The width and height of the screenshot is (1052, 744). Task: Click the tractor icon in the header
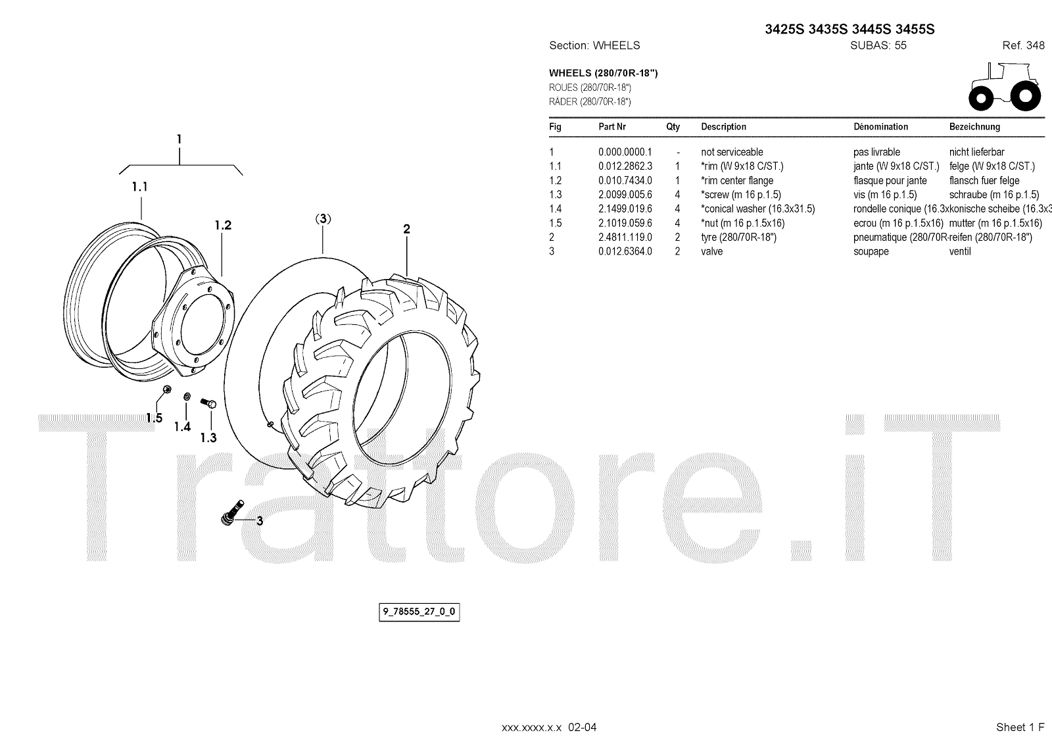pyautogui.click(x=1005, y=87)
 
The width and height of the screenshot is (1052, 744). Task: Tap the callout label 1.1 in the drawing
pyautogui.click(x=139, y=187)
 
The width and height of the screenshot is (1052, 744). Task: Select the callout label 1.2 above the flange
pyautogui.click(x=223, y=225)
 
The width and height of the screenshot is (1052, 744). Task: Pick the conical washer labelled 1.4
pyautogui.click(x=187, y=397)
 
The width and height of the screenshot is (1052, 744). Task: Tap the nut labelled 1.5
pyautogui.click(x=166, y=391)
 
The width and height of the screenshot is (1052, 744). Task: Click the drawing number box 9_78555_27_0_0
pyautogui.click(x=419, y=612)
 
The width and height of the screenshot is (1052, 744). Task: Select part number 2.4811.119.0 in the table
pyautogui.click(x=625, y=237)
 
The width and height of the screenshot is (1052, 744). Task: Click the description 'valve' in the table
pyautogui.click(x=711, y=251)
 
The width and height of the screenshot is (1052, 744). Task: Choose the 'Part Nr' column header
pyautogui.click(x=611, y=127)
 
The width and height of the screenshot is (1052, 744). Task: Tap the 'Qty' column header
pyautogui.click(x=673, y=127)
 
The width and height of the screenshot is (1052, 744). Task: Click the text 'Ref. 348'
pyautogui.click(x=1023, y=45)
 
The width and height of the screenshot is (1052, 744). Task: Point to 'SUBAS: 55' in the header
pyautogui.click(x=878, y=45)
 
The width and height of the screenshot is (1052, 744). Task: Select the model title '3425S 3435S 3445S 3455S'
pyautogui.click(x=849, y=30)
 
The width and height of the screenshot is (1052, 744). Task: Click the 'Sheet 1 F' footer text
pyautogui.click(x=1020, y=727)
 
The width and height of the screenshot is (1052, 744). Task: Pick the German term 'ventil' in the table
pyautogui.click(x=960, y=251)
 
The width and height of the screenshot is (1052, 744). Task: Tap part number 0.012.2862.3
pyautogui.click(x=625, y=166)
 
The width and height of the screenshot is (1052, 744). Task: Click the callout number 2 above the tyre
pyautogui.click(x=407, y=229)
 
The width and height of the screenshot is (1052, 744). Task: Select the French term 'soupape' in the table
pyautogui.click(x=871, y=251)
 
